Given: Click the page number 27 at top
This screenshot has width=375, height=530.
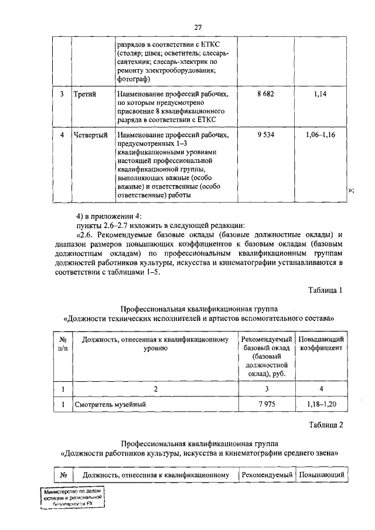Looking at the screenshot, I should click(198, 27).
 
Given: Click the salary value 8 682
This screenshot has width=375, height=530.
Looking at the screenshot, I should click(267, 94).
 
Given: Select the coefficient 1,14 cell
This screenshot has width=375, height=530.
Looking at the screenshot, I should click(320, 94).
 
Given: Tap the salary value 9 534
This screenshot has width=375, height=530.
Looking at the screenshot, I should click(267, 135).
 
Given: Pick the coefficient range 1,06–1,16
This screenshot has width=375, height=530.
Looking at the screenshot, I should click(320, 135).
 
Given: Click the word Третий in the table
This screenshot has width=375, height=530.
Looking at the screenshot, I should click(86, 94).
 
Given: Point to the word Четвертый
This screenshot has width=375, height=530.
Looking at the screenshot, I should click(91, 135).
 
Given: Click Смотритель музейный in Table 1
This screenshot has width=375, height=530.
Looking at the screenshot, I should click(110, 404).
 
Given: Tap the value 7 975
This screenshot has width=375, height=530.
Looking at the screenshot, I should click(267, 404).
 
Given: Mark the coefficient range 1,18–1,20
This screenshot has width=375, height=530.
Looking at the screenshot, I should click(321, 404).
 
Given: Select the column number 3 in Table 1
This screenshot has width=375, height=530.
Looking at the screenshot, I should click(267, 388).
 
